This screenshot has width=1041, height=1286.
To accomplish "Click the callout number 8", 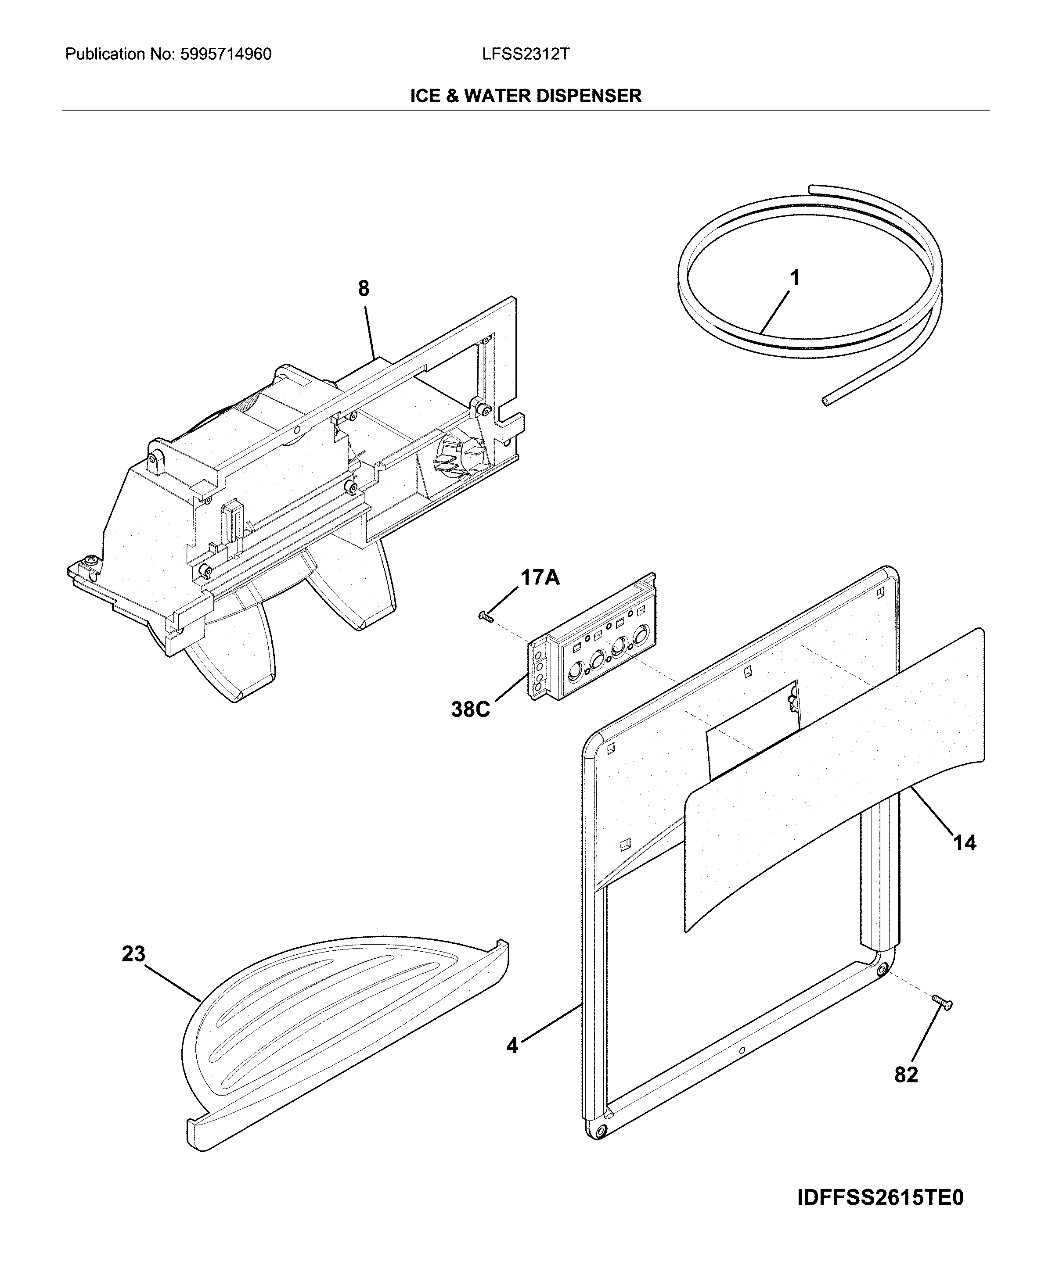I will [364, 289].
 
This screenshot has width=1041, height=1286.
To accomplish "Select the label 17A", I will [540, 578].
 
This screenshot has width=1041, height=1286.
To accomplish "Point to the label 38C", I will [470, 709].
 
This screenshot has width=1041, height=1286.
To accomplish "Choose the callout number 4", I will [512, 1046].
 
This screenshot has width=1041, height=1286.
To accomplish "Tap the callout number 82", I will [906, 1075].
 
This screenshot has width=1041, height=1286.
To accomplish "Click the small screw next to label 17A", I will [486, 616].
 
